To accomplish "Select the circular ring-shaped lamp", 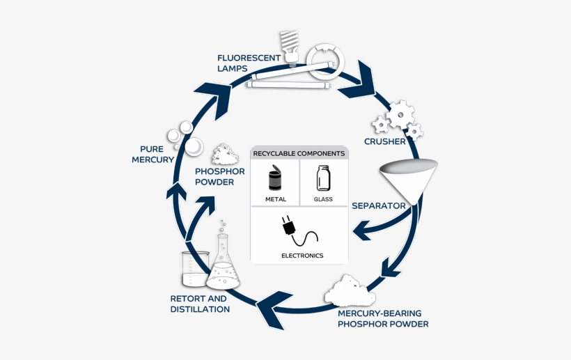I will click(x=326, y=61).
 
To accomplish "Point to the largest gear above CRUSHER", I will click(x=401, y=114).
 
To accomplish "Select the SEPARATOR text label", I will click(x=378, y=206).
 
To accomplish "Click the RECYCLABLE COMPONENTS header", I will click(x=299, y=152).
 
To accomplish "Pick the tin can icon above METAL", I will click(x=276, y=178).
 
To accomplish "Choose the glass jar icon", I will click(x=323, y=178).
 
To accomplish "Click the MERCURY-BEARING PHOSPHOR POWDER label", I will click(x=382, y=319).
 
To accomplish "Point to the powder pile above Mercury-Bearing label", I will click(x=350, y=290).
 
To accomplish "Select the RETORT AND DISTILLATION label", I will click(x=200, y=304).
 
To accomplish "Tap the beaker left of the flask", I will click(x=194, y=268).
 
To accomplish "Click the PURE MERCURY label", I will click(x=157, y=154).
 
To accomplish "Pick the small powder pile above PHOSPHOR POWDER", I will click(x=225, y=154).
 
